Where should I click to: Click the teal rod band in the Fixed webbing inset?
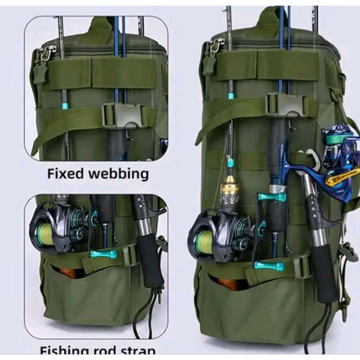pos(65,105)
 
